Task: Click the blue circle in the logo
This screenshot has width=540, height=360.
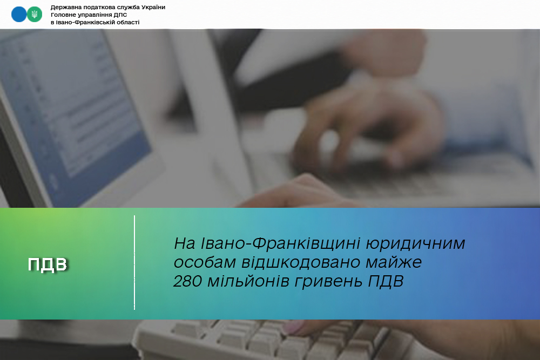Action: (x=19, y=15)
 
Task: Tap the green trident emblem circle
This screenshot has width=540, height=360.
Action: (x=35, y=15)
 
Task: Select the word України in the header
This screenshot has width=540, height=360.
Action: (x=153, y=7)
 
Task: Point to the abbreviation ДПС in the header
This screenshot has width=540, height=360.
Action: (x=120, y=15)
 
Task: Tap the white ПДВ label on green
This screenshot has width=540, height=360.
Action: (x=48, y=264)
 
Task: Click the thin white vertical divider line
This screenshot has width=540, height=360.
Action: (x=134, y=263)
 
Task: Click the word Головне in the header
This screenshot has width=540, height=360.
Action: (x=62, y=15)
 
